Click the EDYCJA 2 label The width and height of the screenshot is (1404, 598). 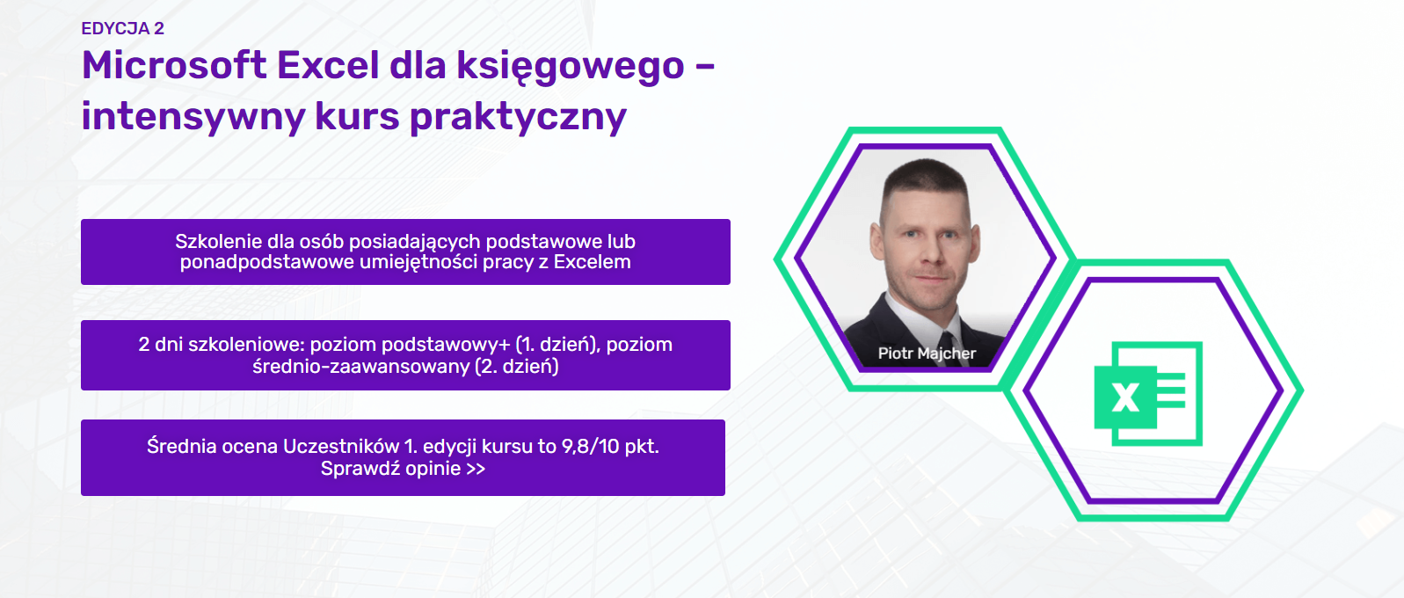click(123, 29)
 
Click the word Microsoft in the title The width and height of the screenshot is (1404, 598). click(174, 65)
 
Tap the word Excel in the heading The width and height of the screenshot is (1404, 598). click(328, 65)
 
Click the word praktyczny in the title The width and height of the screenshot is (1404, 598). click(519, 117)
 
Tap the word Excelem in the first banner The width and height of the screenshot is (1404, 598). click(593, 261)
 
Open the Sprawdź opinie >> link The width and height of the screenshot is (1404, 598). click(403, 468)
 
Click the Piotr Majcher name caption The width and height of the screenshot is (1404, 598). click(927, 354)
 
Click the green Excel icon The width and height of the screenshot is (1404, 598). click(1148, 394)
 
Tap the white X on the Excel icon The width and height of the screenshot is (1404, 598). click(1125, 397)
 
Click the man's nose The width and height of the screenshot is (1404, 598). click(929, 251)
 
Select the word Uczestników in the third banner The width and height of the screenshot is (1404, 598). click(341, 447)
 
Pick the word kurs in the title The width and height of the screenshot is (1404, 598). click(357, 117)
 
